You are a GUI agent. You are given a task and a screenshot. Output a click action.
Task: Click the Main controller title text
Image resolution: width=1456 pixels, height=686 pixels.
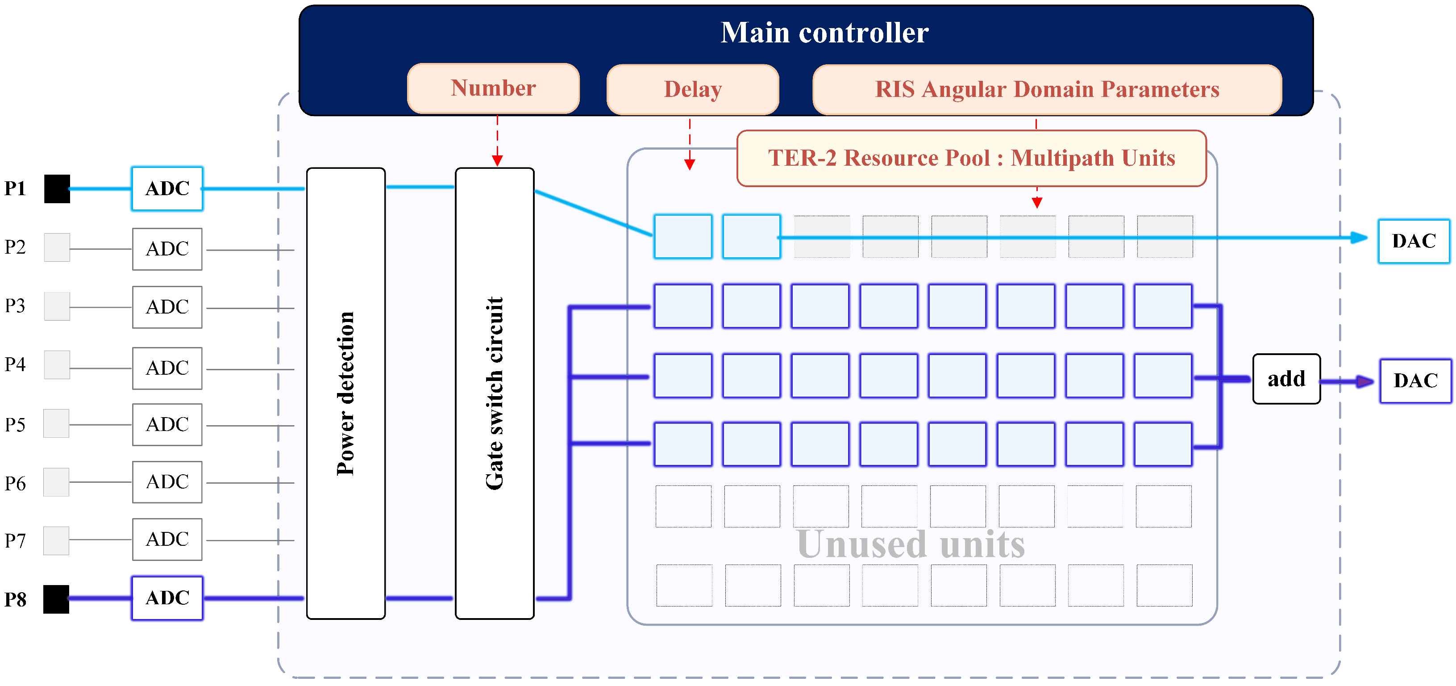click(x=824, y=33)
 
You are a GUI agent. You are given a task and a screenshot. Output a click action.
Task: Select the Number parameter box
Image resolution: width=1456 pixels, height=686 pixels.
click(x=493, y=88)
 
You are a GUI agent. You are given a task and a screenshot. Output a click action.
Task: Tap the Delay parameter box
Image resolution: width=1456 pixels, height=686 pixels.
click(x=692, y=89)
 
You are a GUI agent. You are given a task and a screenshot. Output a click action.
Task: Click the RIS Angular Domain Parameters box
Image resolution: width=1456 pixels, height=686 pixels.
click(x=1047, y=89)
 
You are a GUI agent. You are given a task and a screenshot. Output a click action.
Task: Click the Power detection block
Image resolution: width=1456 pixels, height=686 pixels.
click(x=346, y=393)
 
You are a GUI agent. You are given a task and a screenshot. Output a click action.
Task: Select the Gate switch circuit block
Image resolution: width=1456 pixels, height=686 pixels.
click(x=495, y=393)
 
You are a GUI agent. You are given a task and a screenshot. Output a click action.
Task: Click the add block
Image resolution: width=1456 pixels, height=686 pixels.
click(x=1286, y=379)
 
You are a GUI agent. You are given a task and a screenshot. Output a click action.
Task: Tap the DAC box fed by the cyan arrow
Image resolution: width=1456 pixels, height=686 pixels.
click(x=1414, y=241)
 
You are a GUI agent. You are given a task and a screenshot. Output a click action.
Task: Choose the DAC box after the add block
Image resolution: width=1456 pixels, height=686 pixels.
click(x=1415, y=381)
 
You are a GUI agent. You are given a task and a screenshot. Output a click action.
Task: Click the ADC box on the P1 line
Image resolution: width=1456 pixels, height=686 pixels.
click(x=167, y=189)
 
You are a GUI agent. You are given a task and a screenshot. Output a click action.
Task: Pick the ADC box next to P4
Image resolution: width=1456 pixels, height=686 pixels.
click(x=167, y=368)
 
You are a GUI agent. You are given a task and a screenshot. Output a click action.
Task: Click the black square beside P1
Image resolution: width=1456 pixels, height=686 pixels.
click(x=57, y=189)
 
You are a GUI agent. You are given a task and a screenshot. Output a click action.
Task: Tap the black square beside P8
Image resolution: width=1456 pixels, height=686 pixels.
click(x=57, y=599)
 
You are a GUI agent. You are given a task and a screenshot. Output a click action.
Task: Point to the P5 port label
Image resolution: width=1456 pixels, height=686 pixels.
click(x=15, y=425)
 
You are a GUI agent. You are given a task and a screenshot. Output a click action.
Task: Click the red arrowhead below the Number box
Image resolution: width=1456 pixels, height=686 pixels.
click(x=497, y=161)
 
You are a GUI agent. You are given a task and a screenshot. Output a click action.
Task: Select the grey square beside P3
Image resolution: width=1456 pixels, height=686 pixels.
click(x=57, y=306)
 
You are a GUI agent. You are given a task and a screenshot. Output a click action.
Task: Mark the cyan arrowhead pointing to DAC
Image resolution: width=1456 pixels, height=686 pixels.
click(x=1359, y=238)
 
